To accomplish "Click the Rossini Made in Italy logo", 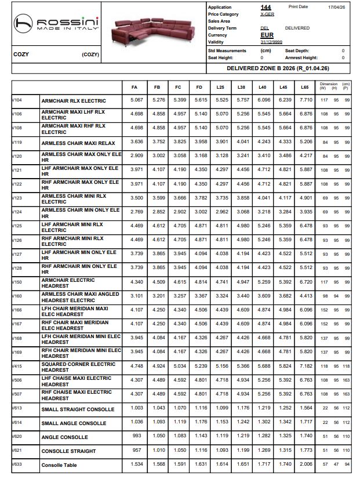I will pos(57,24).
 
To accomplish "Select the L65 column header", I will pos(304,88).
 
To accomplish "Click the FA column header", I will pos(134,88).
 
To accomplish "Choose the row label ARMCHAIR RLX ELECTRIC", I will pos(74,101).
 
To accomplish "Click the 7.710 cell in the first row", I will pos(306,100).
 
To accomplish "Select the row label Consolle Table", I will pos(59,465).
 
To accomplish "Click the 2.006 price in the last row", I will pos(306,465).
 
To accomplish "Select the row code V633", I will pos(17,464).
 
